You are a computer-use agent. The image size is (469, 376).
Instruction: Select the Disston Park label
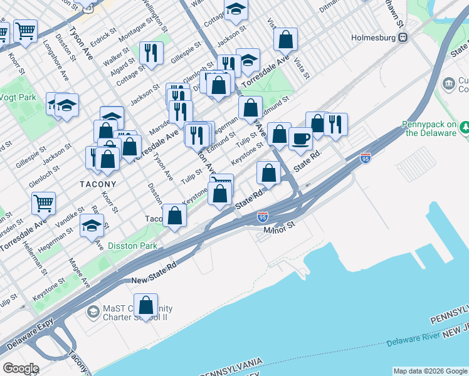(132, 246)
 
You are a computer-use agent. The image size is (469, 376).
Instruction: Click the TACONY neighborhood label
(98, 184)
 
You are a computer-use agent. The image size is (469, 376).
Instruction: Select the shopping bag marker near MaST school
(145, 306)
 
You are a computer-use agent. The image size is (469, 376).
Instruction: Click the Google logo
(21, 368)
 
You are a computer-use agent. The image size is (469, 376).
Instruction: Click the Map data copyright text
(429, 371)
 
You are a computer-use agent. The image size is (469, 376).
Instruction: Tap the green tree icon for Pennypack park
(465, 128)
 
